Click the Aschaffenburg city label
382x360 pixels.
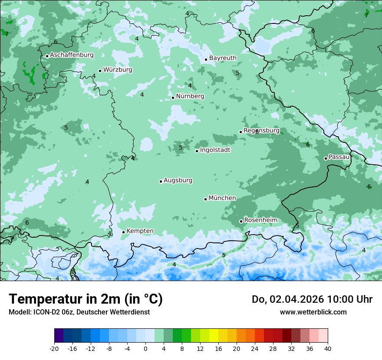pos(72,55)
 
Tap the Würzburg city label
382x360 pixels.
pos(118,70)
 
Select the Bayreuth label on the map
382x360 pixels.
pos(223,58)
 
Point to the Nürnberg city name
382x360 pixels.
pos(190,96)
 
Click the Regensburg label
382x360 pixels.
pos(261,131)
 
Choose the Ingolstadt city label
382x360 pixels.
pos(215,150)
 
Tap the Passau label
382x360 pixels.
pos(339,157)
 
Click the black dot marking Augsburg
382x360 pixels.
pos(161,181)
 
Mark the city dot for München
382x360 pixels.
pos(205,199)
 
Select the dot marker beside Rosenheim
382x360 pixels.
pos(241,221)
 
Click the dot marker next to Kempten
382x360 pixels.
pos(123,232)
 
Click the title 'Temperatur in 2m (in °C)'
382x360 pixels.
pos(86,299)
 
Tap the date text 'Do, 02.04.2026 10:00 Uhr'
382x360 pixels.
pos(312,299)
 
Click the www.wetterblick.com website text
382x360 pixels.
pos(313,312)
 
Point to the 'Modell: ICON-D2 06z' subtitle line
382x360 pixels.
pos(79,312)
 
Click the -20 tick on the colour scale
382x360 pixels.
pos(54,348)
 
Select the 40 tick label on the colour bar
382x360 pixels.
pos(327,348)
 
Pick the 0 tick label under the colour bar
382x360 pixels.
pos(145,348)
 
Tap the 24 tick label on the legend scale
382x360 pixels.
pos(254,348)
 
